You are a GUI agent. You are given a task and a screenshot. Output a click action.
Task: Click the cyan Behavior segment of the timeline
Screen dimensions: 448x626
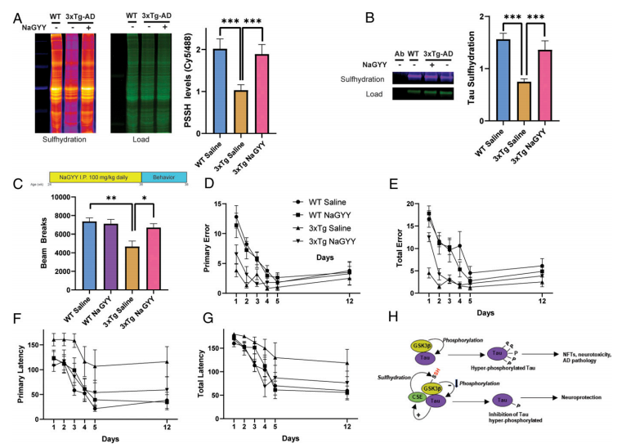click(x=164, y=176)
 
